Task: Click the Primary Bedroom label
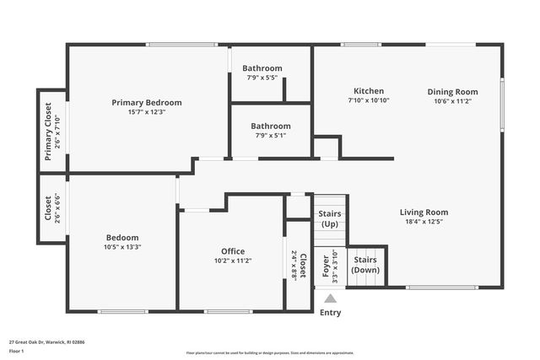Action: point(147,103)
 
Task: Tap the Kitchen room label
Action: point(369,91)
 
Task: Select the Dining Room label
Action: point(452,92)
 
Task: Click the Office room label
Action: point(233,251)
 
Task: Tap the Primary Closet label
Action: point(48,132)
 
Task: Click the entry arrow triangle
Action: point(331,298)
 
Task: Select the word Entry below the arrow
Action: point(331,313)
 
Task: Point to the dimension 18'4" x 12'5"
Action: point(424,222)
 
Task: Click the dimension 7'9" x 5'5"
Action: point(262,78)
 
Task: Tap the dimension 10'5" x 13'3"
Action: point(122,247)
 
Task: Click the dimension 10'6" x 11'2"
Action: point(452,101)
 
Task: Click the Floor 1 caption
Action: point(16,350)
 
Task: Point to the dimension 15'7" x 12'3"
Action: point(147,112)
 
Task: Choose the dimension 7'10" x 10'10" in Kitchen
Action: point(369,100)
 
